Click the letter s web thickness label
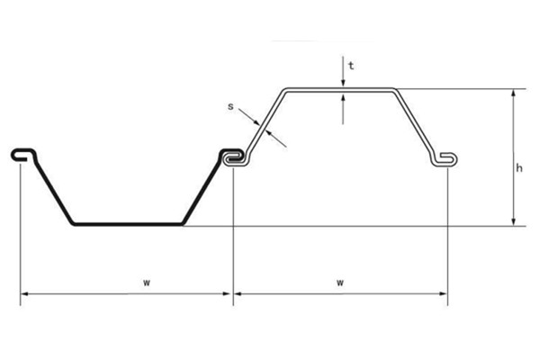coord(230,107)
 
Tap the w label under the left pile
coord(146,282)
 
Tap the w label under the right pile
coord(340,282)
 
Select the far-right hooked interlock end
coord(446,160)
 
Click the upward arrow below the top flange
coord(343,98)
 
